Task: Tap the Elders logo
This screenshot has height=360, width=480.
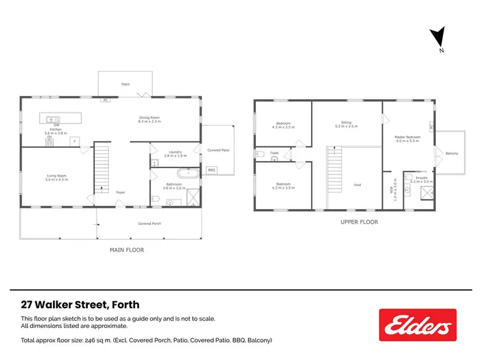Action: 417,325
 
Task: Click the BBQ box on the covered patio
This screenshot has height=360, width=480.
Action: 211,170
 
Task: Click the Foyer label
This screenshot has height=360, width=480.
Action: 120,191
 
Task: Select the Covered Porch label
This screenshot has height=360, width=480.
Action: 149,224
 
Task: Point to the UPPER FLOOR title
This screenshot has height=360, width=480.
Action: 359,223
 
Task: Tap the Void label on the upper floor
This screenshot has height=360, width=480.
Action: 357,185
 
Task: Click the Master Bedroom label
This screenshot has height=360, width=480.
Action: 407,136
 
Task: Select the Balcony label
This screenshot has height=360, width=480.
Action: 452,153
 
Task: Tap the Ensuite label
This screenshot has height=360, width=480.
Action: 421,177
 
